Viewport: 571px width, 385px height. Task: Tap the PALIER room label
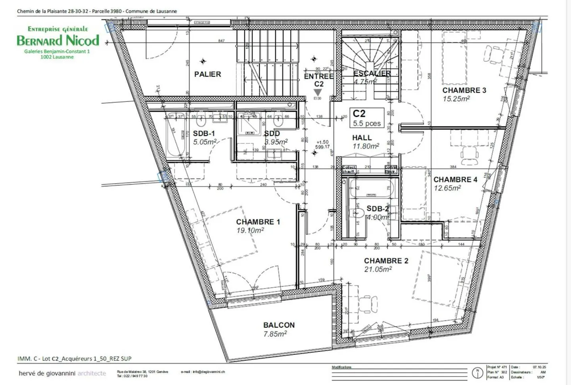207,74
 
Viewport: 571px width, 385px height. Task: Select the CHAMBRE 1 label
258,222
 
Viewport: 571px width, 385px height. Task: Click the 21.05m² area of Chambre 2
378,269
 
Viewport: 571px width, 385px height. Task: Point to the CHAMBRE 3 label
464,90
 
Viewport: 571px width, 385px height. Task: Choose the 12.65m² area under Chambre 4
447,188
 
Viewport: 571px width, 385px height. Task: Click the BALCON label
279,325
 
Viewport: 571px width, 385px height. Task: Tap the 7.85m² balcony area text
275,334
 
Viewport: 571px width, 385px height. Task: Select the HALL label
362,138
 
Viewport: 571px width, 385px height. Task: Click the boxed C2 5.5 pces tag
367,118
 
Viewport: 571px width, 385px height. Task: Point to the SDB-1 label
204,133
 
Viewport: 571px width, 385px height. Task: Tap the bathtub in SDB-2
371,189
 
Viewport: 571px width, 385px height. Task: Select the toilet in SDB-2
358,213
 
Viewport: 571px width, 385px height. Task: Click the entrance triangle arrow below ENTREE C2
318,92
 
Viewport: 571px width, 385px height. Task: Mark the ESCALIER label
372,74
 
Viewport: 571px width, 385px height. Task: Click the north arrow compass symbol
477,372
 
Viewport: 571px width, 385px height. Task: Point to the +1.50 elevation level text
322,142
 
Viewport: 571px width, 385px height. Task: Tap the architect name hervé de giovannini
47,373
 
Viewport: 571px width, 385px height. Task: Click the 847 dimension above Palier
221,41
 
